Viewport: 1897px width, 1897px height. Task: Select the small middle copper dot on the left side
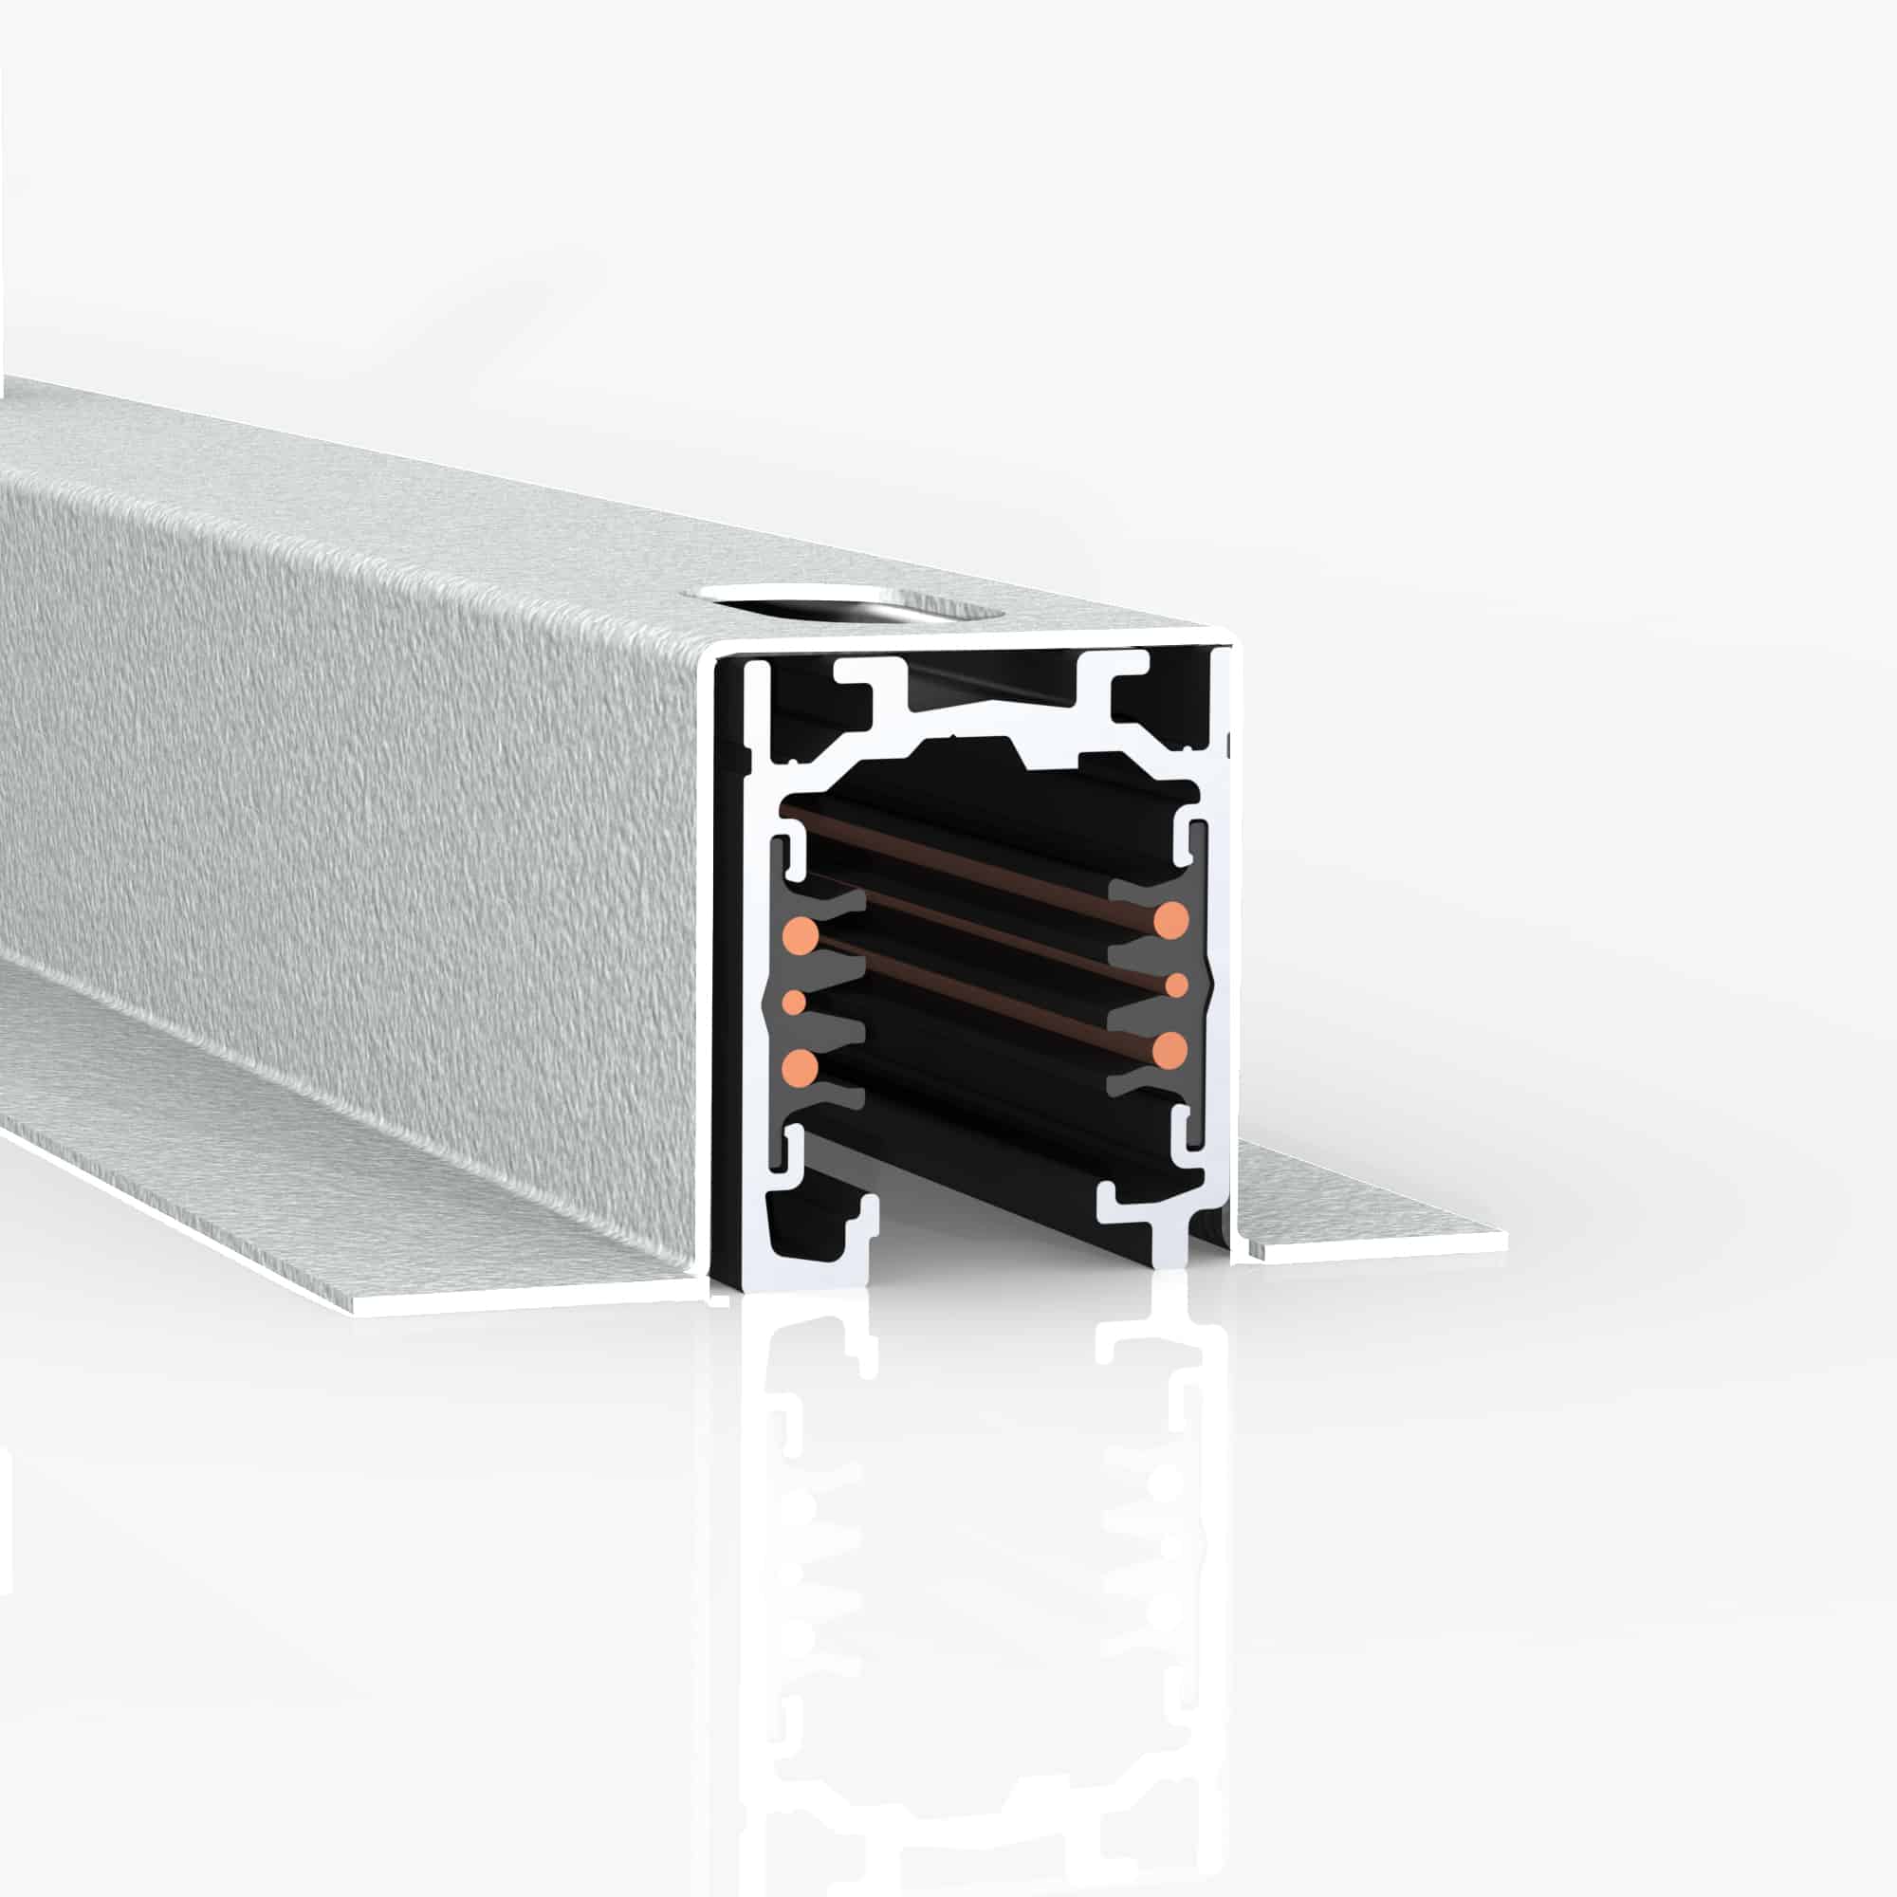(793, 1002)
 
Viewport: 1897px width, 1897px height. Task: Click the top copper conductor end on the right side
(1171, 920)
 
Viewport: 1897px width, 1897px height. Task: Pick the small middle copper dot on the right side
(1175, 984)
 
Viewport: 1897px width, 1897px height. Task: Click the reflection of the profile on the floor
(982, 1571)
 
